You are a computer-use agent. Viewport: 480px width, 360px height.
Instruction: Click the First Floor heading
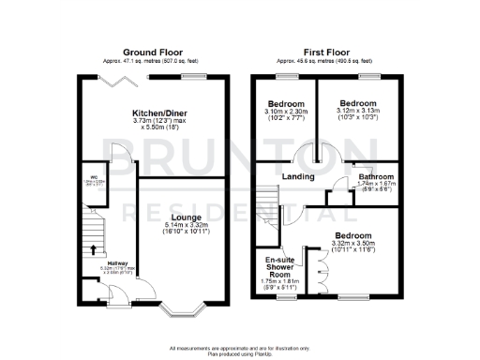point(326,52)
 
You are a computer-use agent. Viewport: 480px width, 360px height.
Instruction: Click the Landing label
point(285,174)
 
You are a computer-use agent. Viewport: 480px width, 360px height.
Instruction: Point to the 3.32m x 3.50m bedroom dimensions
point(352,247)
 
